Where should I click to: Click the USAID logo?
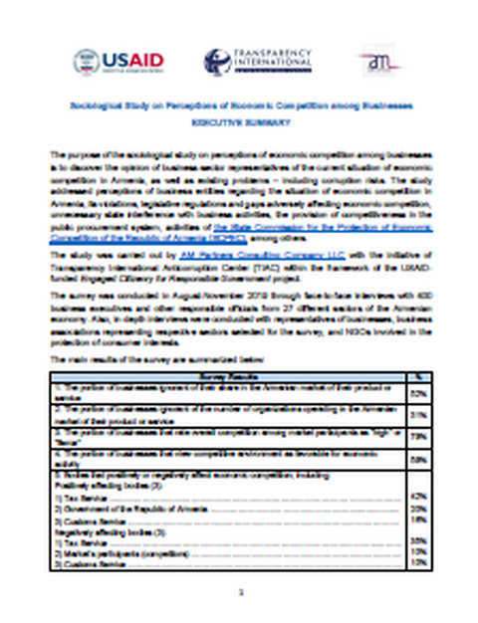point(119,61)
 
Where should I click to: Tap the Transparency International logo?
point(258,61)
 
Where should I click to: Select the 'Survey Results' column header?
point(222,377)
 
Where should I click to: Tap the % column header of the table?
point(419,377)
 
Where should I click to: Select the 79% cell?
point(419,435)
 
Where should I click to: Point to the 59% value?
point(419,459)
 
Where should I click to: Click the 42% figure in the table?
point(419,495)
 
